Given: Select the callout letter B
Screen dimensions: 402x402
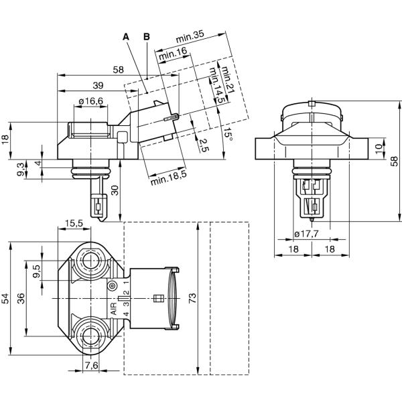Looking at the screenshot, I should (x=147, y=36).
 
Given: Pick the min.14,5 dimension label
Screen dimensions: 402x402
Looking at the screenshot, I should (x=215, y=86).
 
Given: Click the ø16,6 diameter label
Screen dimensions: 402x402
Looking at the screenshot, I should (x=90, y=101).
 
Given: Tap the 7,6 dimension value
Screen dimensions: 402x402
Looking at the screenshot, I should (x=92, y=365).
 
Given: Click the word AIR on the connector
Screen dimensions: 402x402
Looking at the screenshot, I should (x=114, y=309).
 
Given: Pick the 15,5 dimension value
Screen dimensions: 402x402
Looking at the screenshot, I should (x=74, y=223).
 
